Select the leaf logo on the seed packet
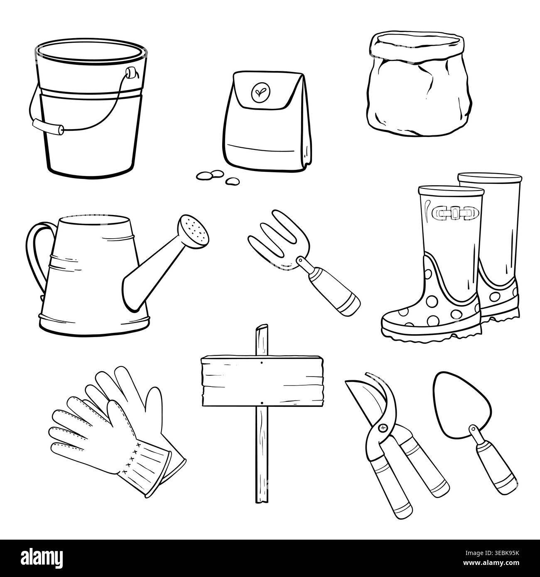pos(258,91)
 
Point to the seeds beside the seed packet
pos(218,177)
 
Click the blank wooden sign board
pos(262,381)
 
